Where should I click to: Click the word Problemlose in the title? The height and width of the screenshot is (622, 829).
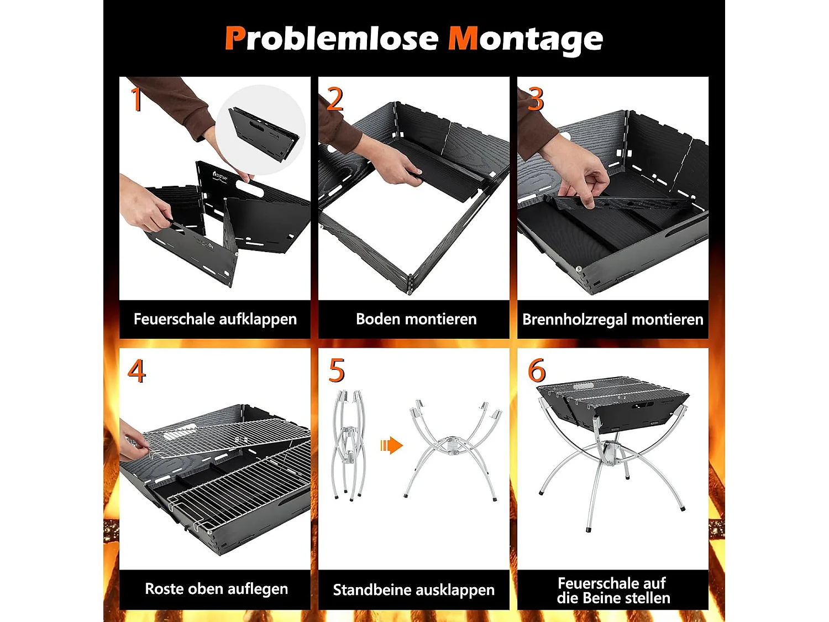332,38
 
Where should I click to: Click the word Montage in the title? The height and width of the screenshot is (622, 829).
526,41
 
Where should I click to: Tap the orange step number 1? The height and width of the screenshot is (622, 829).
137,99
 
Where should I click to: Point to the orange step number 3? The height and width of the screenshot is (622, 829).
536,99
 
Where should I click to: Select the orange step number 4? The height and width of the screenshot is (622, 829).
137,370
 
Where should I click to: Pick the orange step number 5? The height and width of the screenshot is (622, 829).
337,370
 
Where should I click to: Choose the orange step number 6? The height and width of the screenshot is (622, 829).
537,370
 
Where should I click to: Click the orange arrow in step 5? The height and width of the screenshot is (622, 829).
392,446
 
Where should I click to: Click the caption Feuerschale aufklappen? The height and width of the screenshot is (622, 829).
216,320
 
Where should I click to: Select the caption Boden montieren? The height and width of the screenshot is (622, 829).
416,319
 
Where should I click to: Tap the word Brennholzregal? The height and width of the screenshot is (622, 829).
575,320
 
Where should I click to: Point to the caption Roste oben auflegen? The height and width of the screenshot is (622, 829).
217,589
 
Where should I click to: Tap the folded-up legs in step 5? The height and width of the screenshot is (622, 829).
349,446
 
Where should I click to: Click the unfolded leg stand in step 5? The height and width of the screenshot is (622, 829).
454,450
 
